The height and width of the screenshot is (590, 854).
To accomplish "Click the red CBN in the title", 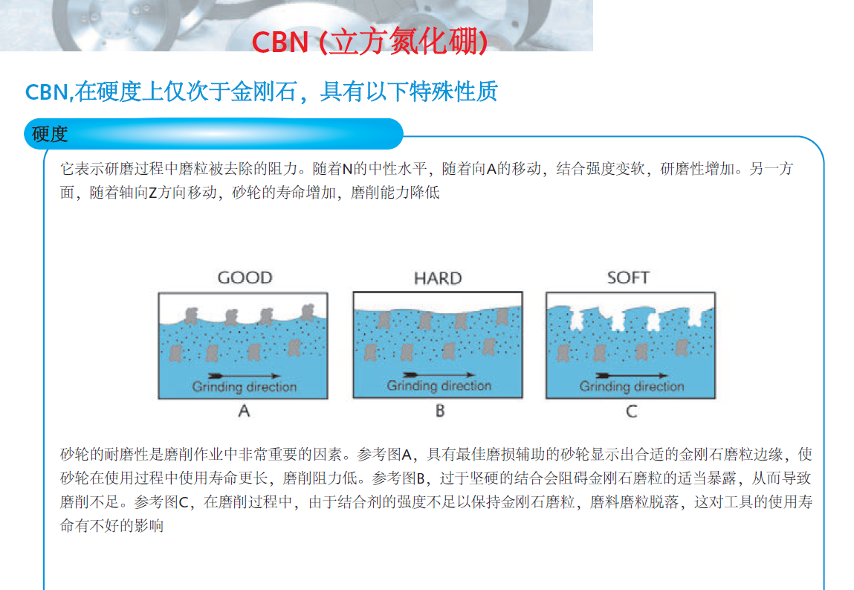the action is (280, 42).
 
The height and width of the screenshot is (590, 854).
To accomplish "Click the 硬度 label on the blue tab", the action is (50, 134).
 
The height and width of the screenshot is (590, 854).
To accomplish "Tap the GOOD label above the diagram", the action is (245, 278).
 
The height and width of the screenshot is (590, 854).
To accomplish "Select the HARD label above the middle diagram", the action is (438, 279).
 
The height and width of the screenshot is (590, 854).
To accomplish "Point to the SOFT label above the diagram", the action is (628, 278).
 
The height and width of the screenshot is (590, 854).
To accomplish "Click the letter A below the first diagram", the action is (244, 411).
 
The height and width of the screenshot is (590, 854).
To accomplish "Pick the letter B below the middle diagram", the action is (440, 411).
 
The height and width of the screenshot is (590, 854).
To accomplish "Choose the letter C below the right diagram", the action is (631, 411).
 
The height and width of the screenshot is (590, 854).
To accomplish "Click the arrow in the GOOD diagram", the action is (245, 376).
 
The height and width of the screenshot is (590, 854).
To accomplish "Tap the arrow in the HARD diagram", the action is (439, 375).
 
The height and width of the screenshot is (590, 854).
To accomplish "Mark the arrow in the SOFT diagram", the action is (632, 375).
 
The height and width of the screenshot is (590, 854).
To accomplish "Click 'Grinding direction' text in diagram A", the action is (245, 387).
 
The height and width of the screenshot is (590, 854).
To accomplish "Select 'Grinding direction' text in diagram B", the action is (439, 386).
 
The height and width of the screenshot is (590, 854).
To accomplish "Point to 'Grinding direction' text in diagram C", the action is (632, 387).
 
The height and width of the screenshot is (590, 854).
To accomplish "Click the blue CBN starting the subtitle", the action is (46, 92).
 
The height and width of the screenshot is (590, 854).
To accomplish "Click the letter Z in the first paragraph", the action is (152, 193).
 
